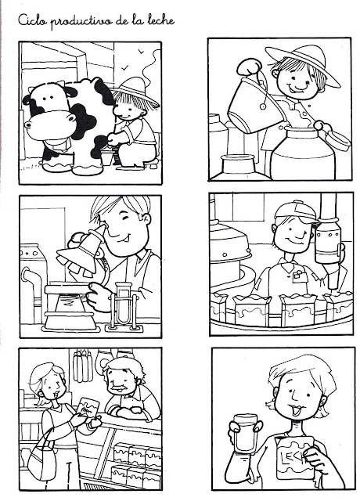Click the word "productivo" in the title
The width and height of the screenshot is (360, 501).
coord(81,22)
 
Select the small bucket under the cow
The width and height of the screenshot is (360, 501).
coord(107,157)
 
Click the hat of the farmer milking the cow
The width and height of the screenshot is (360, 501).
coord(135,90)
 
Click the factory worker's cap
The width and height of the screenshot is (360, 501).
coord(297,211)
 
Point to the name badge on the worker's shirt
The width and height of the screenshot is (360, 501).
coord(299,276)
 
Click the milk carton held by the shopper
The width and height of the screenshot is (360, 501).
coord(88,408)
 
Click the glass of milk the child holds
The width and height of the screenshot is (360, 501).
coord(245,433)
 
